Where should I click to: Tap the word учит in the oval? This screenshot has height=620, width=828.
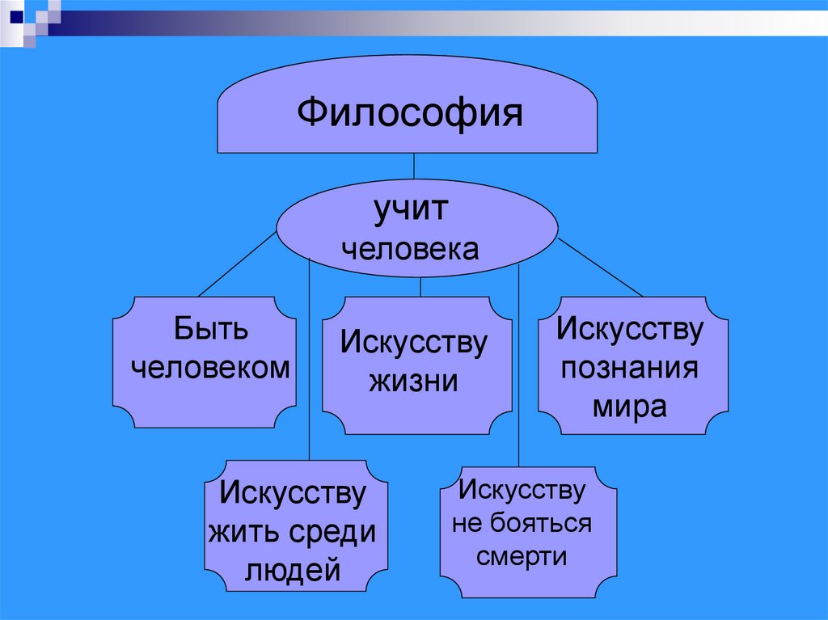pyautogui.click(x=409, y=212)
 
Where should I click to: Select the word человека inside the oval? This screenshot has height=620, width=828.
pyautogui.click(x=409, y=247)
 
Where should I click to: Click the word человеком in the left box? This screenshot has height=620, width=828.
pyautogui.click(x=210, y=368)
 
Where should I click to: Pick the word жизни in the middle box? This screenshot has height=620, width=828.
pyautogui.click(x=414, y=380)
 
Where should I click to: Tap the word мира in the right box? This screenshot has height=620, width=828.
pyautogui.click(x=630, y=406)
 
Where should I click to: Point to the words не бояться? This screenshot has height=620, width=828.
pyautogui.click(x=522, y=523)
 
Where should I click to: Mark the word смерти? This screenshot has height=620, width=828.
pyautogui.click(x=522, y=557)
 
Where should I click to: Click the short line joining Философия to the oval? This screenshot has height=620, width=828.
pyautogui.click(x=414, y=166)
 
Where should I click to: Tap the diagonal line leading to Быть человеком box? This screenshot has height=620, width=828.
pyautogui.click(x=236, y=264)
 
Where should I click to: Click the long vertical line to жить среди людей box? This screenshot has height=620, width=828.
pyautogui.click(x=310, y=364)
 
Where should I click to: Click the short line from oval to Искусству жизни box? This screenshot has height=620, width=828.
pyautogui.click(x=420, y=287)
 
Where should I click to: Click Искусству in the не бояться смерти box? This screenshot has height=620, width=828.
pyautogui.click(x=522, y=490)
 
